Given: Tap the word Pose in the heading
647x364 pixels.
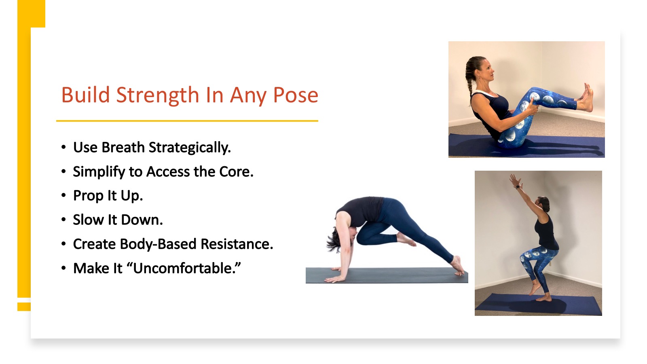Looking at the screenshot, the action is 296,95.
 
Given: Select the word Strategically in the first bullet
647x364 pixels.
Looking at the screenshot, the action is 190,148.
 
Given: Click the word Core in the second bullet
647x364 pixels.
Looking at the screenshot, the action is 236,171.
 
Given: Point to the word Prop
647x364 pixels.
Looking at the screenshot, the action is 89,196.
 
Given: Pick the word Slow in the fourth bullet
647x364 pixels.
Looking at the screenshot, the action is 89,220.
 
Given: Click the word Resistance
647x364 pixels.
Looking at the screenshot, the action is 237,244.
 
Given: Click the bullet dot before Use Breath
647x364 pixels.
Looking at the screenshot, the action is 63,147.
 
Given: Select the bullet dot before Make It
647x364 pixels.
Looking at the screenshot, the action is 63,268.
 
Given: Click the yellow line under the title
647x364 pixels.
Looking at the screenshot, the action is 187,121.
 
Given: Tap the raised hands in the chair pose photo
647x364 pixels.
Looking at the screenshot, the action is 515,180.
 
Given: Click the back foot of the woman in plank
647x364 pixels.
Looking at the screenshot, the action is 457,266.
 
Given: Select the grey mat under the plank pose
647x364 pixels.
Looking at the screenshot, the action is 387,275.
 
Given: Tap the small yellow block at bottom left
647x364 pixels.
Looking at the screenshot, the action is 24,307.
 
